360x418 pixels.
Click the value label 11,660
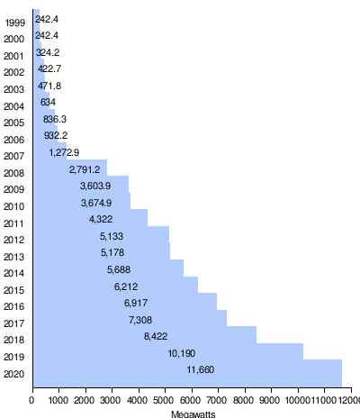(x=201, y=370)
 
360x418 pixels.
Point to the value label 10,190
(x=181, y=353)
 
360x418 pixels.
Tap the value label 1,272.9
(x=64, y=152)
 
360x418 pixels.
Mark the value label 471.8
(x=49, y=86)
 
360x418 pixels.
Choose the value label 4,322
(x=101, y=219)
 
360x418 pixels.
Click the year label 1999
(x=14, y=23)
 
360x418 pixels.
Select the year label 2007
(x=14, y=157)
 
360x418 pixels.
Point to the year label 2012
(x=14, y=241)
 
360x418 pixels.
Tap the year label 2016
(x=14, y=307)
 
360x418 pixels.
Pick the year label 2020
(x=14, y=375)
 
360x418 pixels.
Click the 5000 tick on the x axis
(x=165, y=401)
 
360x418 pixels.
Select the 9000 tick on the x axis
(x=271, y=401)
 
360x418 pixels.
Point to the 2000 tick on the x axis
(x=85, y=401)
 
